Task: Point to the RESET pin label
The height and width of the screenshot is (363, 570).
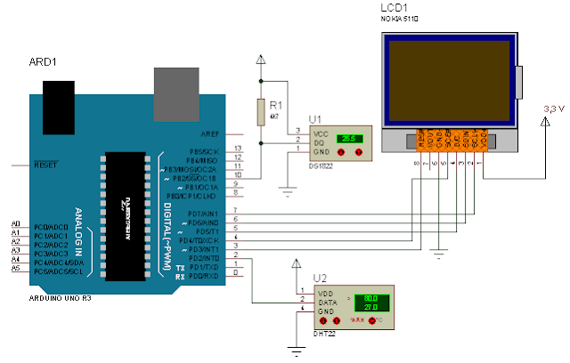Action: [45, 165]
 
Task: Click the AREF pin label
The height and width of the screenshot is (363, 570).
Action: [210, 134]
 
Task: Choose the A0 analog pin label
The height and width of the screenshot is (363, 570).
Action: [15, 223]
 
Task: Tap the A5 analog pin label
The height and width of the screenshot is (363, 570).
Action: [15, 268]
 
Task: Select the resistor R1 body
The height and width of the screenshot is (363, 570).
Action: [260, 112]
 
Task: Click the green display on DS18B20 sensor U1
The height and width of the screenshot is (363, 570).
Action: [346, 139]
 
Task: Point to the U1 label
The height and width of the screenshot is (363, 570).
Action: [315, 118]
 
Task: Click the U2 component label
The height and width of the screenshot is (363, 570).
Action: [320, 278]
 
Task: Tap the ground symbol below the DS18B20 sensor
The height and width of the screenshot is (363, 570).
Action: [287, 189]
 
